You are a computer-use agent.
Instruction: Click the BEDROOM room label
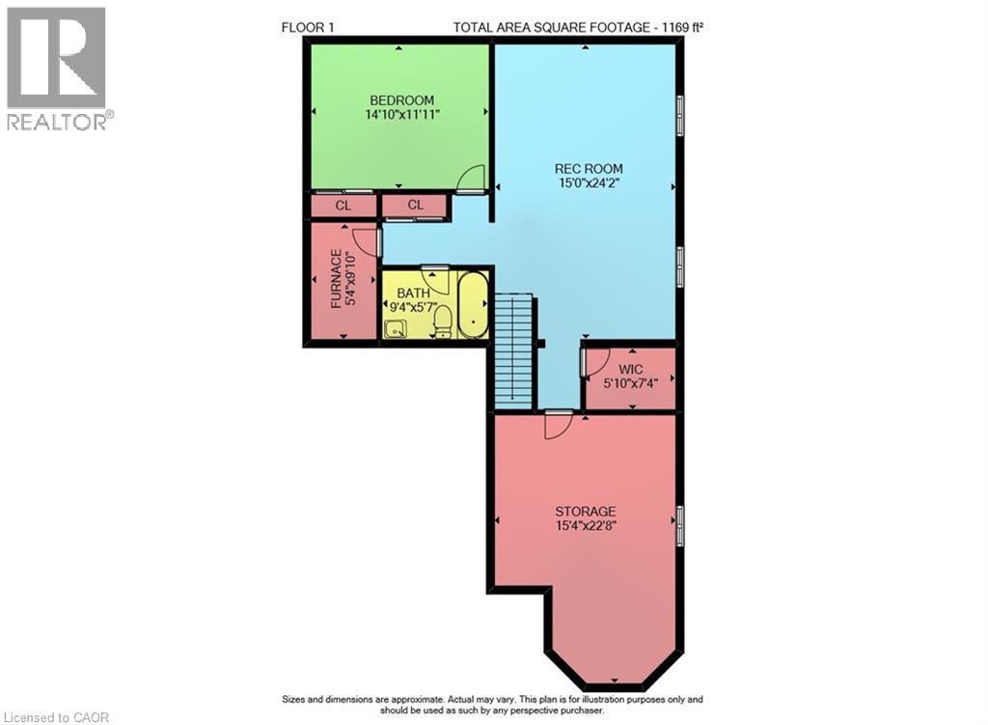(399, 100)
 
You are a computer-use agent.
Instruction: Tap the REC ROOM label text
(585, 167)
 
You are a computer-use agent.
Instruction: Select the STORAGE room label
(585, 511)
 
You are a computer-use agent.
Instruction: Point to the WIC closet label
(631, 370)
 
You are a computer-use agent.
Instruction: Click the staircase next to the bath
(513, 351)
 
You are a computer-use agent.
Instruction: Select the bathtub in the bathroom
(472, 306)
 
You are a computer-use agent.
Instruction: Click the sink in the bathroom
(395, 329)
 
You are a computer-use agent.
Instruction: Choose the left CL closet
(343, 206)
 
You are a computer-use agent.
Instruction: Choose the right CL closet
(415, 206)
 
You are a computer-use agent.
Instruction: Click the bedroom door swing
(470, 181)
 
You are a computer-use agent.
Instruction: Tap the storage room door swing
(558, 425)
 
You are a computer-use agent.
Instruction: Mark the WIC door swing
(594, 361)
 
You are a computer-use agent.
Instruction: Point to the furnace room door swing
(366, 241)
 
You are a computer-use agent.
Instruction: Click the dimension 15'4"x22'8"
(585, 526)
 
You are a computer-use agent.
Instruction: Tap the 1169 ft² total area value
(674, 27)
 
